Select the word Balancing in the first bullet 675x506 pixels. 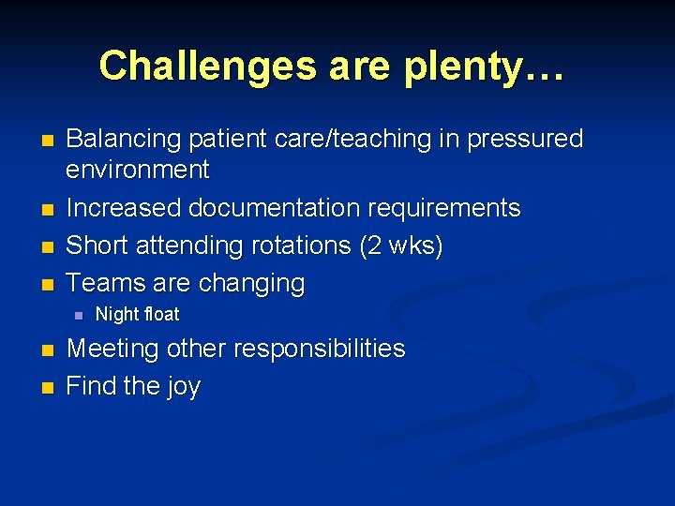coord(124,139)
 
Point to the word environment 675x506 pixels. coord(138,170)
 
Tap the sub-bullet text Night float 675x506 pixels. coord(137,314)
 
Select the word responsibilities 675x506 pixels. coord(320,349)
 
